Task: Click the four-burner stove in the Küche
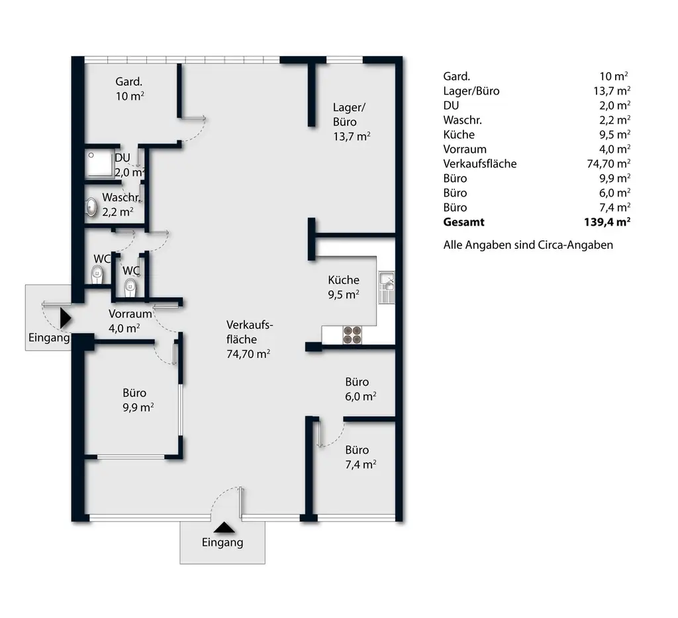pyautogui.click(x=353, y=335)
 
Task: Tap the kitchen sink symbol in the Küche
pyautogui.click(x=386, y=287)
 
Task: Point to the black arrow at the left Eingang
pyautogui.click(x=65, y=318)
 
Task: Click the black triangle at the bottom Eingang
pyautogui.click(x=223, y=527)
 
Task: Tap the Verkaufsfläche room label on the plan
pyautogui.click(x=248, y=339)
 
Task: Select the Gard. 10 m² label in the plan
pyautogui.click(x=130, y=89)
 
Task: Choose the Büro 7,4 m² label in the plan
pyautogui.click(x=360, y=457)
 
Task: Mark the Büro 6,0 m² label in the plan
pyautogui.click(x=360, y=389)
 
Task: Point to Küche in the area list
pyautogui.click(x=459, y=134)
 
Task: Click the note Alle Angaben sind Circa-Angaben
pyautogui.click(x=528, y=245)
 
